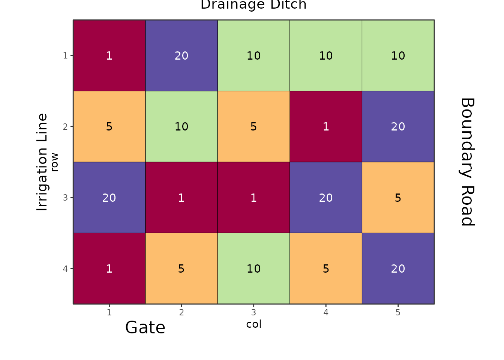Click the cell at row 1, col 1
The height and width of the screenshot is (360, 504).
[109, 55]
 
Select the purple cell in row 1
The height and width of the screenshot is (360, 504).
[181, 55]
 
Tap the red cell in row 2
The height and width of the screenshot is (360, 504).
[326, 126]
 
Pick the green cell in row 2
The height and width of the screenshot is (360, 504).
[181, 126]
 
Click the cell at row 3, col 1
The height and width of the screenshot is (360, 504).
[109, 198]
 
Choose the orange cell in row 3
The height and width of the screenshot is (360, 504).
[398, 198]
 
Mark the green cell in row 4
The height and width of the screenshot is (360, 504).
[253, 268]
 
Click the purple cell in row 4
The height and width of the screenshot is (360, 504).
[398, 268]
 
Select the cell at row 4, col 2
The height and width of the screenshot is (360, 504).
[181, 268]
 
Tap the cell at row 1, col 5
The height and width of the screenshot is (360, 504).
[398, 55]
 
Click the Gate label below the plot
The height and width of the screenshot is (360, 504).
[145, 327]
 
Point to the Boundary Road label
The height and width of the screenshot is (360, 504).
[467, 162]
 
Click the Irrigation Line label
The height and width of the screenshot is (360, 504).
[42, 162]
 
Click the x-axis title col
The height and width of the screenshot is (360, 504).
[253, 324]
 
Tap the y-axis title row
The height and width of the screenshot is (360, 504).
[55, 162]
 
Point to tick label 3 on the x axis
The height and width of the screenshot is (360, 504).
[253, 312]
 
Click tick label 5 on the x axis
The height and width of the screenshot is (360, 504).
[398, 312]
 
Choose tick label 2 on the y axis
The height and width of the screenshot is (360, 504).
[66, 127]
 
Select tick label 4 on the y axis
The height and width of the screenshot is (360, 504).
[66, 269]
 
